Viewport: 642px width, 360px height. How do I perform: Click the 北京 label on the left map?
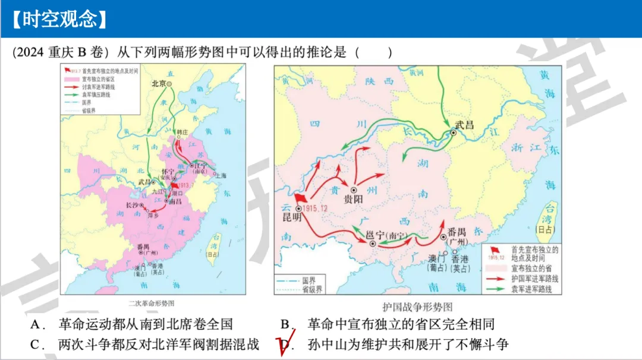tap(159, 84)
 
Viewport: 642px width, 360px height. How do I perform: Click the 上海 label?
tap(221, 176)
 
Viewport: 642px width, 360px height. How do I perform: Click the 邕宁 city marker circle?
tap(373, 244)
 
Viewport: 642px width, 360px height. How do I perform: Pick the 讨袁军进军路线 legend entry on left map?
tap(99, 87)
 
